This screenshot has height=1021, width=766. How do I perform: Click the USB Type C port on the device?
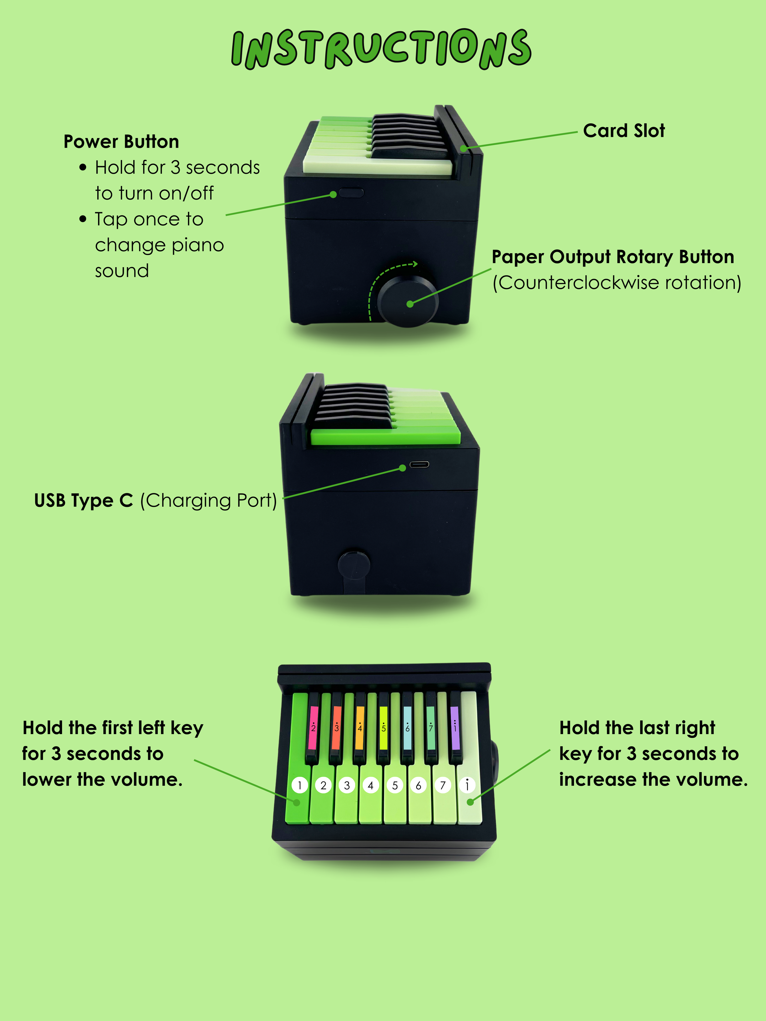pyautogui.click(x=419, y=464)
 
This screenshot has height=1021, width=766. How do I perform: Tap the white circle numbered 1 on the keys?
pyautogui.click(x=300, y=785)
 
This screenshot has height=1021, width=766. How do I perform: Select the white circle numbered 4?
pyautogui.click(x=370, y=785)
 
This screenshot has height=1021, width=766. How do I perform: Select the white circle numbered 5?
pyautogui.click(x=395, y=785)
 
